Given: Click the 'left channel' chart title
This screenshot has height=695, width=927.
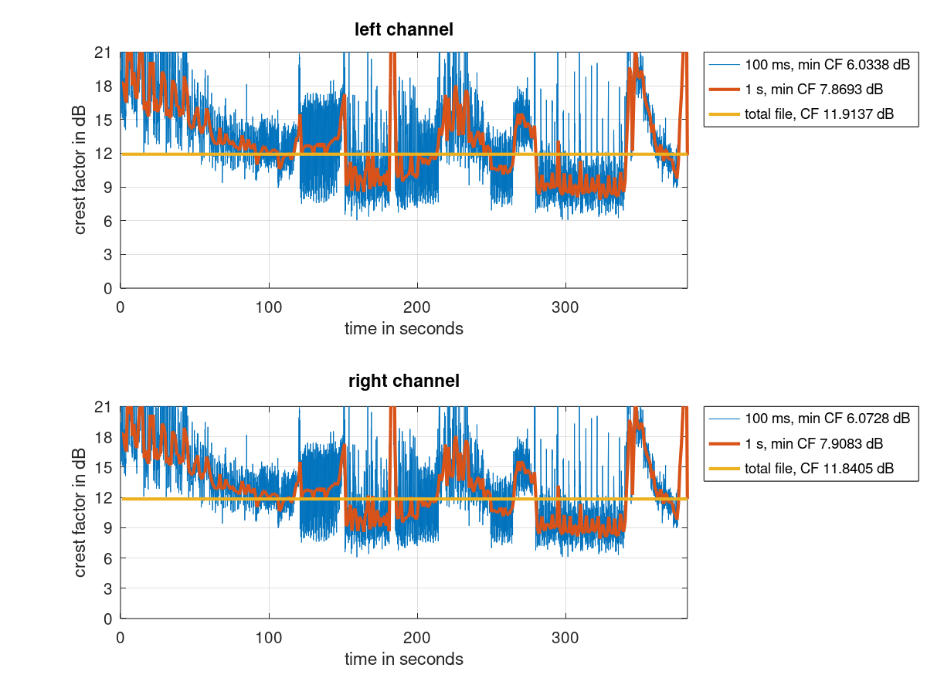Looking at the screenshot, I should point(403,30).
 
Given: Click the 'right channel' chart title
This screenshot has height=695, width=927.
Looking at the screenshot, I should point(403,381).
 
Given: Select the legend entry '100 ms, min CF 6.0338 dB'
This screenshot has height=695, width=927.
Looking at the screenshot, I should point(827,64).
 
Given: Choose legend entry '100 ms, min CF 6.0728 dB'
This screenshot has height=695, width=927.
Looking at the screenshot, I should point(827,419).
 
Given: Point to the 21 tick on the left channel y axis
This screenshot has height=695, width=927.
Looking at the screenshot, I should point(106,53).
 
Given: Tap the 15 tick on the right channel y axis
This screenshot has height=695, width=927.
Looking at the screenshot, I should point(106,467).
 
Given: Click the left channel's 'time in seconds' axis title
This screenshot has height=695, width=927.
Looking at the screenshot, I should point(403,329).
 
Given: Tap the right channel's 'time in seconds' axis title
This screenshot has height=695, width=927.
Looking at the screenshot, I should point(403,659).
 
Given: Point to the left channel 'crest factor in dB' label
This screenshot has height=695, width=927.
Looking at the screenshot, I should point(80,171).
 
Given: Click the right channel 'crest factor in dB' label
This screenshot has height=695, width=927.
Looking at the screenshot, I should point(80,512).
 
